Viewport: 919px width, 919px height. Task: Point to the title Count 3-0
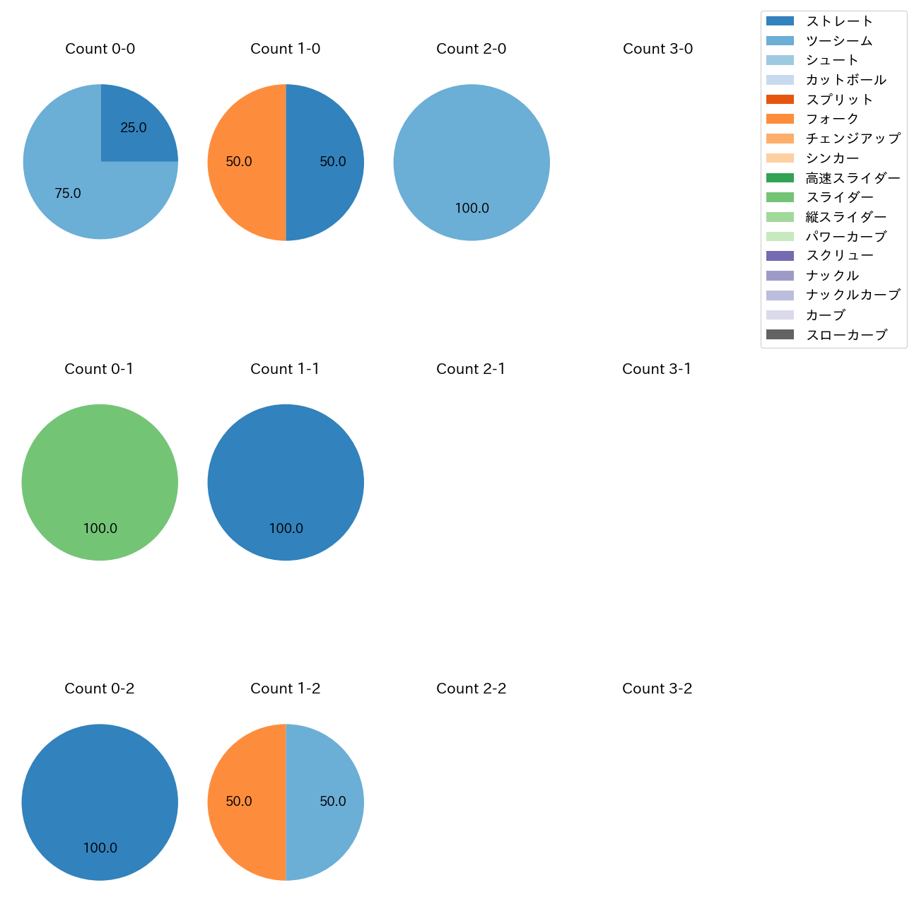pyautogui.click(x=657, y=49)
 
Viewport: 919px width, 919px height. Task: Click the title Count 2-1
pyautogui.click(x=471, y=369)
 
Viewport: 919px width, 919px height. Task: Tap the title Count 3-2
pyautogui.click(x=657, y=689)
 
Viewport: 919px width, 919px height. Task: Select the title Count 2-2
pyautogui.click(x=471, y=689)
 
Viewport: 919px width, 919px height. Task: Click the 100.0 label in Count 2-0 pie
pyautogui.click(x=472, y=209)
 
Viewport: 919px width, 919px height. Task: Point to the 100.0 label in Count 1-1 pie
pyautogui.click(x=286, y=529)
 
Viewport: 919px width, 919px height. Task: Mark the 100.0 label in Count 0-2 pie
pyautogui.click(x=100, y=848)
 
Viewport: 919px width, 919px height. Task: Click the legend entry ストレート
pyautogui.click(x=839, y=21)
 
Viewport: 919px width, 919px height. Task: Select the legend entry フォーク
pyautogui.click(x=832, y=119)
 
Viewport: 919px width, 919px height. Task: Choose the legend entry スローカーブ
pyautogui.click(x=846, y=335)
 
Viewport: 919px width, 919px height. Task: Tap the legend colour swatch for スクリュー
pyautogui.click(x=780, y=256)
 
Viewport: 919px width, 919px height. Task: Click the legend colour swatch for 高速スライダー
pyautogui.click(x=780, y=178)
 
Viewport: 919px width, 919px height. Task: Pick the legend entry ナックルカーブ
pyautogui.click(x=853, y=295)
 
